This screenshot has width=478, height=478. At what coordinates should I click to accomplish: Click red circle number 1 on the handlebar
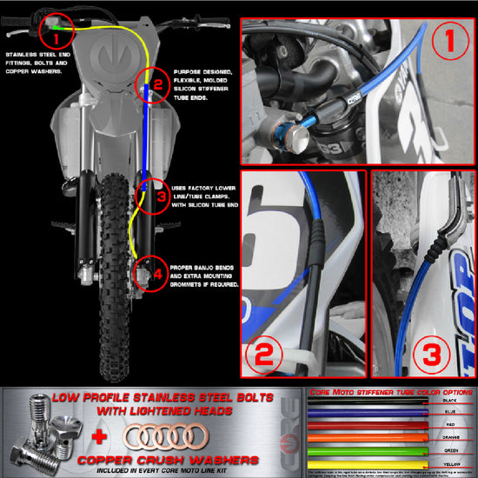tap(56, 37)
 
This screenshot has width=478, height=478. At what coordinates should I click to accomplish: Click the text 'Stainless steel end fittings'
tap(40, 55)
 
